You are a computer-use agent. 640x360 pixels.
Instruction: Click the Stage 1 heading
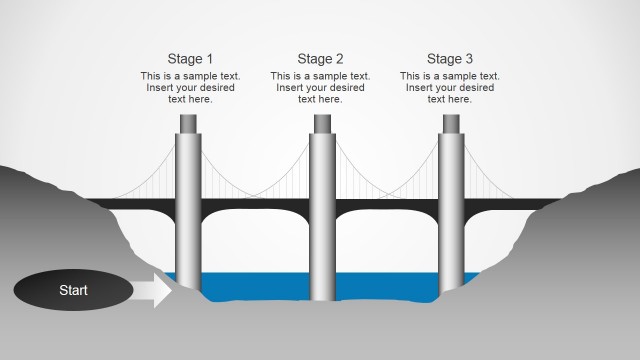190,59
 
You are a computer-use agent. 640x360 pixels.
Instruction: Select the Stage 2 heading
320,59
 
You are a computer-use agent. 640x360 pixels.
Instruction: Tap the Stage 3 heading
450,59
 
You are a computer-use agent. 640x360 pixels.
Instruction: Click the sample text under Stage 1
190,87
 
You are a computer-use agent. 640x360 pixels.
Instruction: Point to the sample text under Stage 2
320,87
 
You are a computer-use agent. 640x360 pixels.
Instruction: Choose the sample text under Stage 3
450,87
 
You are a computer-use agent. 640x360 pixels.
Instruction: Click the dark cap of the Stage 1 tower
190,124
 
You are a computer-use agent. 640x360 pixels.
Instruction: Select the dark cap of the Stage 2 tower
321,124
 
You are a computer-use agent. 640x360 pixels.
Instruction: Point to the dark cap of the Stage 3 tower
451,124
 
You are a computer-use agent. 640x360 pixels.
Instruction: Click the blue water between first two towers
255,285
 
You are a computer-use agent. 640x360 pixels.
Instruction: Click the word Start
73,290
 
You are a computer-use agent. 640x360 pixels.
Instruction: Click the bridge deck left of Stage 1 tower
140,203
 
